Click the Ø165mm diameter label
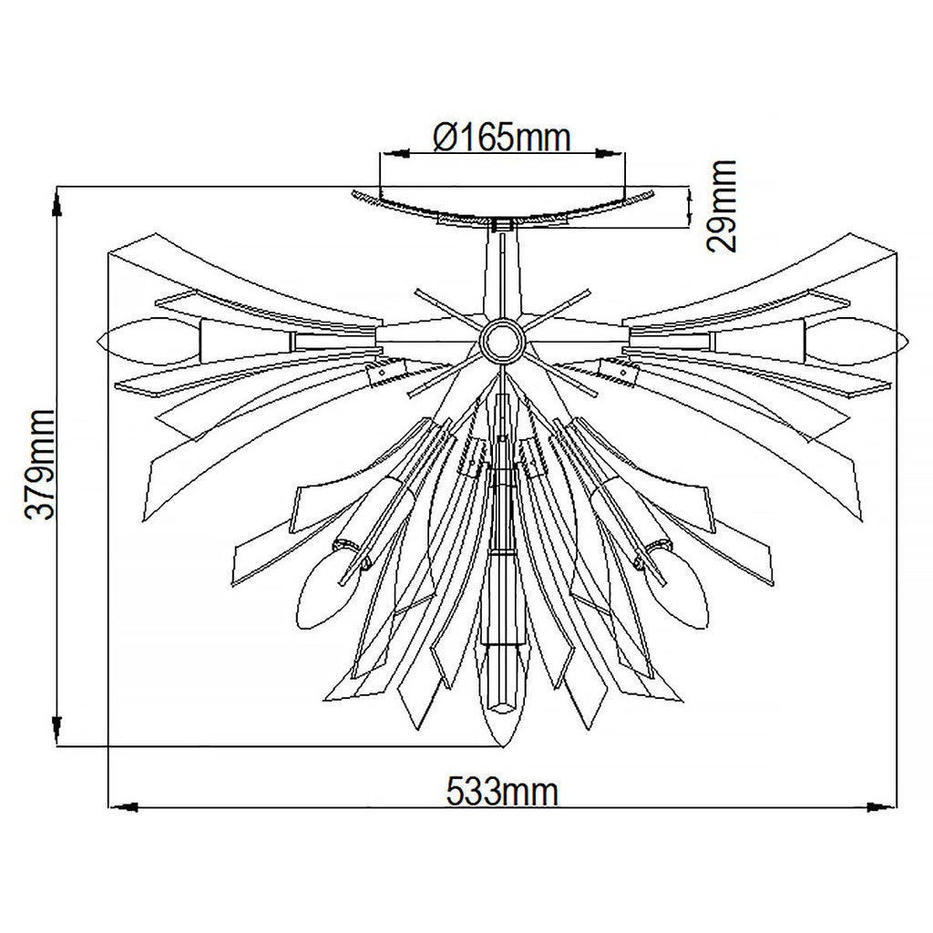tap(502, 138)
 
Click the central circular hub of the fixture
tap(500, 341)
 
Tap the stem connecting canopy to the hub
tap(500, 273)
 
